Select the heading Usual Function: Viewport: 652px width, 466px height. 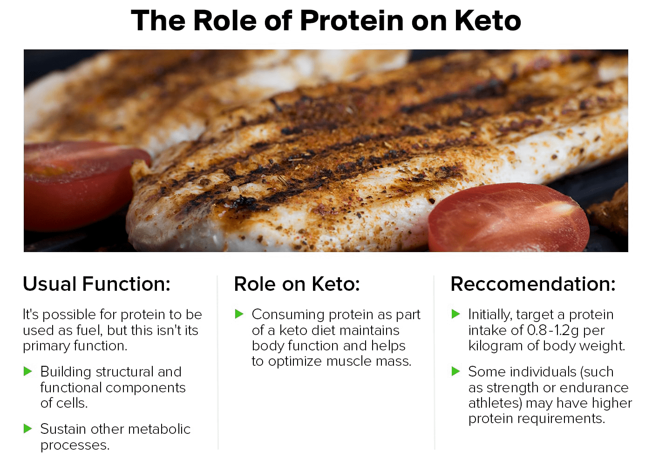tap(97, 284)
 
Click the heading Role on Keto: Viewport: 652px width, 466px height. tap(297, 284)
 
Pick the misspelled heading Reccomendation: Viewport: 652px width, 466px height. tap(533, 284)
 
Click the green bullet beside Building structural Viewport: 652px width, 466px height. tap(27, 371)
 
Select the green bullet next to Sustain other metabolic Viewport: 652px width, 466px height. tap(27, 428)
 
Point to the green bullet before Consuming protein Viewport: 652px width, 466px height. tap(239, 314)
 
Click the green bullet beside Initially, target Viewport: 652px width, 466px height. tap(456, 314)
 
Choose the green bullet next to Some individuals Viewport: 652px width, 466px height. tap(456, 371)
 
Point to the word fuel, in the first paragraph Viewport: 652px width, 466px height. tap(89, 330)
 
